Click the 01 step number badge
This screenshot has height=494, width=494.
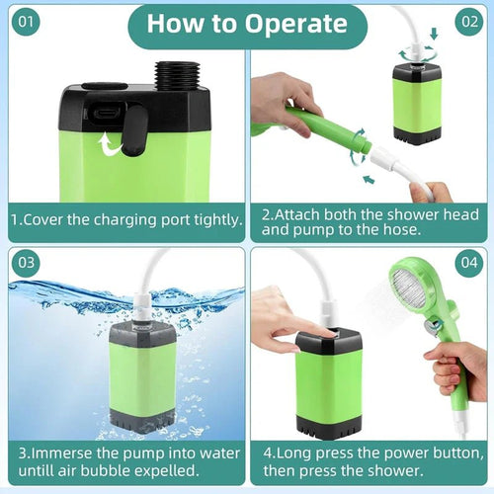tap(26, 20)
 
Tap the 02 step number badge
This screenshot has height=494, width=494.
tap(468, 20)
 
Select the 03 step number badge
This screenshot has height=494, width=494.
tap(26, 264)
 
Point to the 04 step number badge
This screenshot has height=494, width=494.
tap(468, 264)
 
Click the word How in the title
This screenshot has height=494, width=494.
tap(177, 24)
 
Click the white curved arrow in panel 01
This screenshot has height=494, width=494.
tap(110, 145)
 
